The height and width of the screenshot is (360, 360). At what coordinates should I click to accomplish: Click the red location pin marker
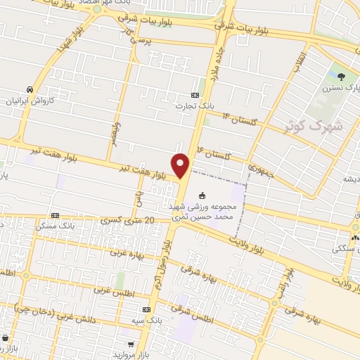pos(182,165)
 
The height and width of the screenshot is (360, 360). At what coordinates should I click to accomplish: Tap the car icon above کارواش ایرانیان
pos(30,90)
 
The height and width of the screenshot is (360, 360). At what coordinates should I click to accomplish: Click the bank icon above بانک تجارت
pos(195,95)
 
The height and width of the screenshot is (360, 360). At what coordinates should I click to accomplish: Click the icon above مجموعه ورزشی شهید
pos(203,195)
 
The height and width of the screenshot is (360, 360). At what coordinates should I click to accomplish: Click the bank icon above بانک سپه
pos(146,309)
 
